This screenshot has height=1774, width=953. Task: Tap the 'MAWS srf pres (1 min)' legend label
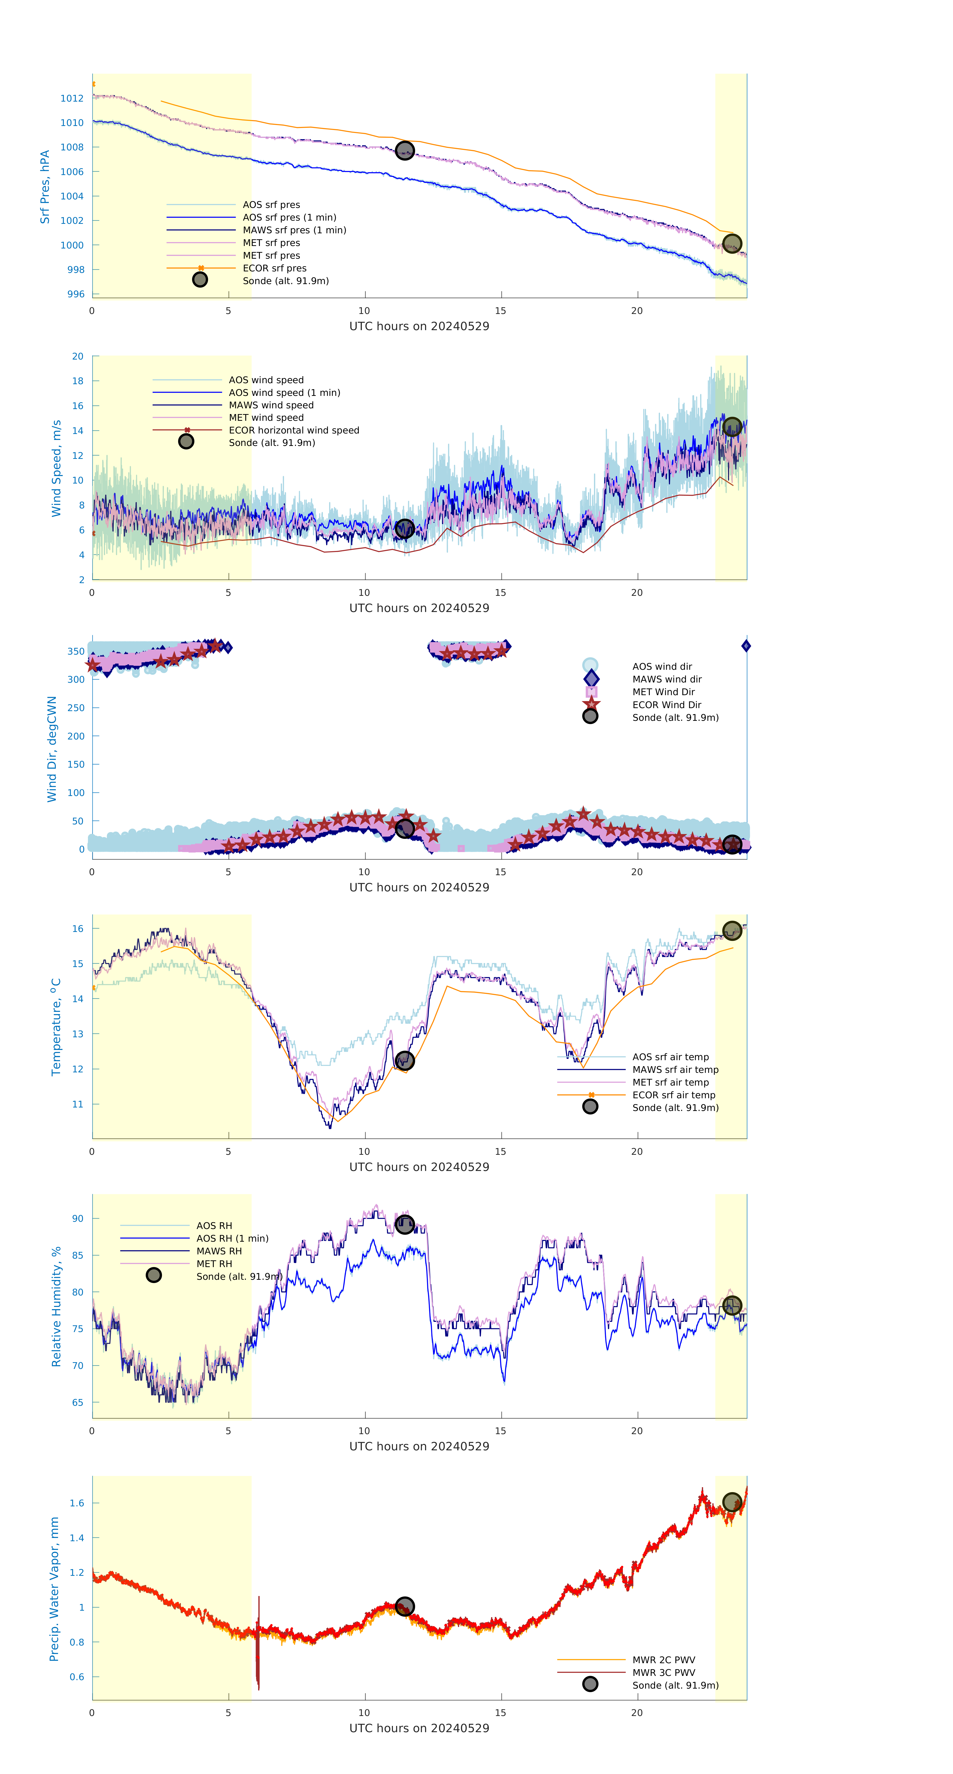tap(294, 230)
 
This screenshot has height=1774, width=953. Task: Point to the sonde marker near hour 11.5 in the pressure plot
tap(404, 151)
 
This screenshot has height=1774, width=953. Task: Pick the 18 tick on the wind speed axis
tap(78, 381)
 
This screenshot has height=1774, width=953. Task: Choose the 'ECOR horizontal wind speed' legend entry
tap(293, 430)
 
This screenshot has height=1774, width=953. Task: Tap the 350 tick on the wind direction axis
tap(76, 652)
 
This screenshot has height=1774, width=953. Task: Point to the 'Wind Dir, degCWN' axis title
tap(52, 749)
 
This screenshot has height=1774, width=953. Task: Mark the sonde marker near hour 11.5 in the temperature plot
tap(404, 1061)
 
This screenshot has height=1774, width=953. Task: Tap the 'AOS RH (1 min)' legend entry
tap(232, 1238)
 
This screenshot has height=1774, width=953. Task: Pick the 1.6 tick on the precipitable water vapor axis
tap(76, 1503)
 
